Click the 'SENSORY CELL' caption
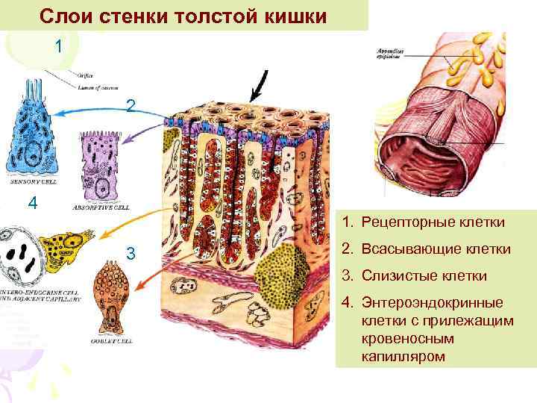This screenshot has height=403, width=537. pyautogui.click(x=31, y=181)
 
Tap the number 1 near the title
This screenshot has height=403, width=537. pyautogui.click(x=58, y=46)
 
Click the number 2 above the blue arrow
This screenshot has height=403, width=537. pyautogui.click(x=130, y=107)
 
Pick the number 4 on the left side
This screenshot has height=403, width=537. pyautogui.click(x=32, y=203)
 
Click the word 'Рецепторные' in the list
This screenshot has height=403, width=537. pyautogui.click(x=402, y=222)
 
